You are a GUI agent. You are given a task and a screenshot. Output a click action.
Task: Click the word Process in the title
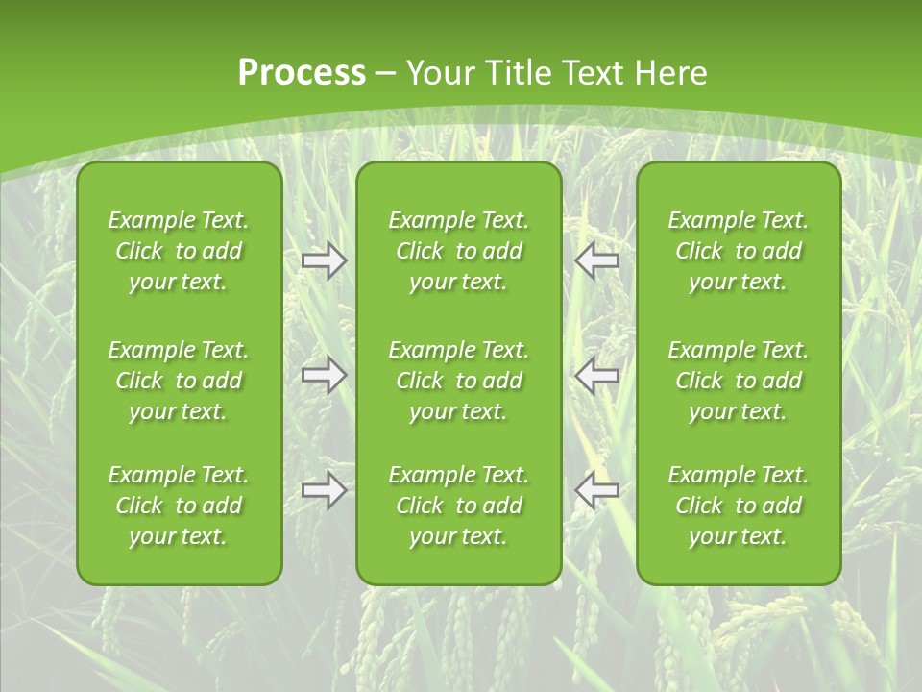tap(302, 73)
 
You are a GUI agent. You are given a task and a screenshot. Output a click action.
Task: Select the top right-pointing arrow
tap(325, 260)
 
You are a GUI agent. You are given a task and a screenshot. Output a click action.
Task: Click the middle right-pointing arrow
tap(325, 375)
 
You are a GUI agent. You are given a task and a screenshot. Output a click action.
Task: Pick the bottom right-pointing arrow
tap(325, 491)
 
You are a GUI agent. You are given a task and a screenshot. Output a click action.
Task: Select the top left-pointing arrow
tap(597, 260)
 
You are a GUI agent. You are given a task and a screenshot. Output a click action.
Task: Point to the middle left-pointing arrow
tap(597, 375)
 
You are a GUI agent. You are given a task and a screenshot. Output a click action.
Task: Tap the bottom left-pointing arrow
tap(597, 491)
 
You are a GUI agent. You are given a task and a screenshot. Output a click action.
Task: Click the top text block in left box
tap(179, 251)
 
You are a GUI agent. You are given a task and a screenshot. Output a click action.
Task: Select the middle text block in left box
tap(179, 381)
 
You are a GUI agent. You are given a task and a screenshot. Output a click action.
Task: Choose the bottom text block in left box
tap(179, 506)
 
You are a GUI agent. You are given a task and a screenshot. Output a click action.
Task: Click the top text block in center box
tap(459, 251)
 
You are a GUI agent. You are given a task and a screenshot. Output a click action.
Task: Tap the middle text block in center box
tap(459, 381)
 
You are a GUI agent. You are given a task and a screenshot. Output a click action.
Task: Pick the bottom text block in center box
tap(459, 506)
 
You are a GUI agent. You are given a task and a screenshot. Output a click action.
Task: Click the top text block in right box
tap(739, 251)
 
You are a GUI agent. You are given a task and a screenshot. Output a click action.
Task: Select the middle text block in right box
tap(739, 381)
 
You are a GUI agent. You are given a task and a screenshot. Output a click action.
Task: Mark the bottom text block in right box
tap(739, 506)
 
